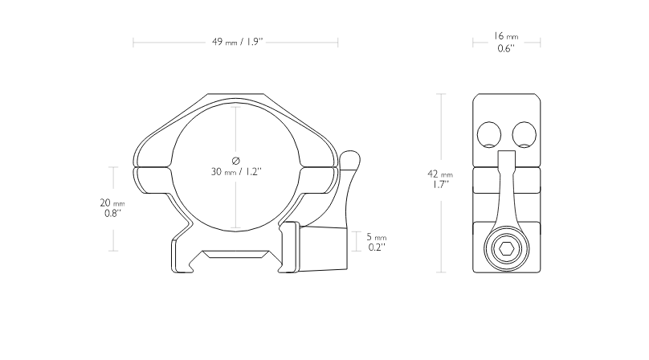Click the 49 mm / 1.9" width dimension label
coord(238,42)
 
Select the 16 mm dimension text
coord(506,36)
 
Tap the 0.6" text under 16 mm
coord(506,48)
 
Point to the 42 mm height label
coord(440,174)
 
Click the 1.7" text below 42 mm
coord(441,185)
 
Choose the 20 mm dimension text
coord(112,203)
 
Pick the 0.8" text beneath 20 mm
coord(112,214)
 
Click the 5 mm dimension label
coord(376,237)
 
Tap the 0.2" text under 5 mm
coord(377,247)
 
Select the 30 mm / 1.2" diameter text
coord(236,171)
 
